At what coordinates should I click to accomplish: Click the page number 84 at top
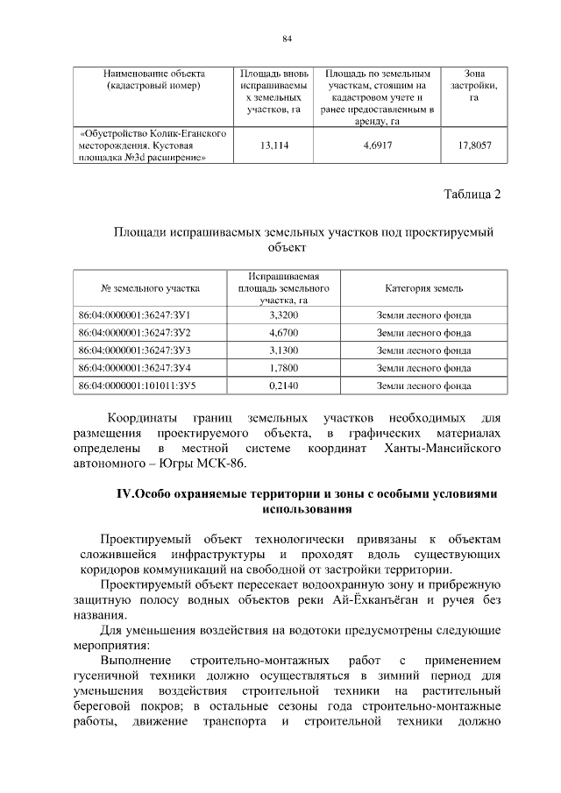click(x=287, y=39)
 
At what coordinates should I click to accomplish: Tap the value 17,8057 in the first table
click(x=473, y=145)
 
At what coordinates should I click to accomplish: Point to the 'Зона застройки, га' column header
click(x=473, y=85)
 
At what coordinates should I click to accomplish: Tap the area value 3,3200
click(x=283, y=315)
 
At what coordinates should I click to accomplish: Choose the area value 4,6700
click(x=283, y=332)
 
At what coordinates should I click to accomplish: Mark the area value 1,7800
click(x=283, y=367)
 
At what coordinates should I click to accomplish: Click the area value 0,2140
click(x=283, y=385)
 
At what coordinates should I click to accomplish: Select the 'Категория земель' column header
click(x=423, y=288)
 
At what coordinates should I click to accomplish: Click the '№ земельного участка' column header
click(x=151, y=288)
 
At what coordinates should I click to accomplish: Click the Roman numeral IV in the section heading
click(x=123, y=494)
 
